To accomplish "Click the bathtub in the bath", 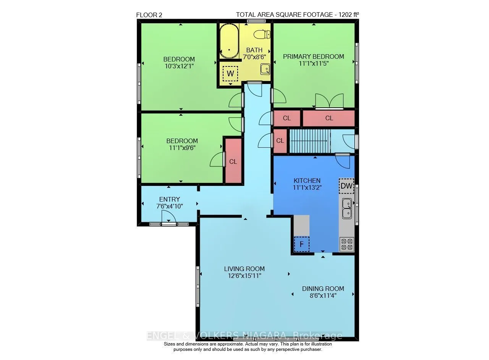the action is pyautogui.click(x=229, y=41).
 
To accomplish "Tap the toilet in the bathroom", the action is pyautogui.click(x=262, y=34).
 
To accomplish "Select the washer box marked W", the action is pyautogui.click(x=230, y=74).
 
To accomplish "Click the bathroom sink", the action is pyautogui.click(x=265, y=69).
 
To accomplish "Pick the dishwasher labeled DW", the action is pyautogui.click(x=347, y=186).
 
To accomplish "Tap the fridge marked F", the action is pyautogui.click(x=301, y=244).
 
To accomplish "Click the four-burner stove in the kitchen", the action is pyautogui.click(x=347, y=244).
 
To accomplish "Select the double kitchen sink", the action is pyautogui.click(x=347, y=208).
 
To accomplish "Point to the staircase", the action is pyautogui.click(x=310, y=141).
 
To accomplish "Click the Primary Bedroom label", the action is pyautogui.click(x=314, y=57).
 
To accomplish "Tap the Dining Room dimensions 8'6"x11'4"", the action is pyautogui.click(x=323, y=295).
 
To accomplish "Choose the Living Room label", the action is pyautogui.click(x=244, y=269).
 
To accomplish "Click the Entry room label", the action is pyautogui.click(x=169, y=199).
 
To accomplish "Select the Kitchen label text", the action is pyautogui.click(x=307, y=181).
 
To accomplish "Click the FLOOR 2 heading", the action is pyautogui.click(x=149, y=15).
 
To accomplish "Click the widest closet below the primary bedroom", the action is pyautogui.click(x=329, y=118).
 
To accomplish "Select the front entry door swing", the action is pyautogui.click(x=168, y=218).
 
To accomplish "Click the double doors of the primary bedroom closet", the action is pyautogui.click(x=329, y=101).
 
